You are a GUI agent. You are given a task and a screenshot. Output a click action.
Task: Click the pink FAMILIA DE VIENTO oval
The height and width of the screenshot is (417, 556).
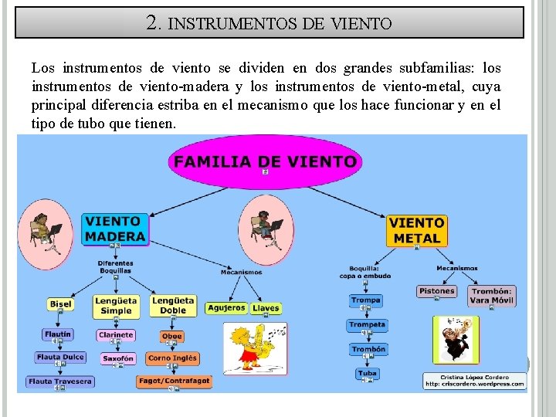(x=265, y=162)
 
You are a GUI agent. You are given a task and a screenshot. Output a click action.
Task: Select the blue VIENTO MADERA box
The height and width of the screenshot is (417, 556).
(x=115, y=229)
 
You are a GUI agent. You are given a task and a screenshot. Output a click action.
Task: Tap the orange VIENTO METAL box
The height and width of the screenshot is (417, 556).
(x=416, y=230)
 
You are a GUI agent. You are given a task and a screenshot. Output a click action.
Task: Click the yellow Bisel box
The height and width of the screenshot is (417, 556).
(x=60, y=303)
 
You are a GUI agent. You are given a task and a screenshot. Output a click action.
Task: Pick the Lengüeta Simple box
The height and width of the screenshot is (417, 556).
(x=116, y=305)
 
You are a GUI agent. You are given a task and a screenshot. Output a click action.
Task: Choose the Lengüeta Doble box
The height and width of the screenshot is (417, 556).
(x=173, y=305)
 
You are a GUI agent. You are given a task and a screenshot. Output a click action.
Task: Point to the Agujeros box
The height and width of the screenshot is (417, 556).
(x=226, y=307)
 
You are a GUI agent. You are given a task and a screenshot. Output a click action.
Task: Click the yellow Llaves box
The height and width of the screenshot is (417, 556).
(x=266, y=307)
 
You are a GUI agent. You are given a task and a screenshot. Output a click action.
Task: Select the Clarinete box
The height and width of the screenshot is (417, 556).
(x=116, y=335)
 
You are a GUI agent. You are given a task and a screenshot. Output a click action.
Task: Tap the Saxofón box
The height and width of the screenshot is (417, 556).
(x=118, y=358)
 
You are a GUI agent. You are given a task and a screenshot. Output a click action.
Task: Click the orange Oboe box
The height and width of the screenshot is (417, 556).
(x=171, y=336)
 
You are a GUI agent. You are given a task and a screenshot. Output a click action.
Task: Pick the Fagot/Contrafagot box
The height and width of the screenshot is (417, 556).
(x=174, y=381)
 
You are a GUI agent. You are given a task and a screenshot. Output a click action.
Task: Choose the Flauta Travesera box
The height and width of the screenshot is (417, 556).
(x=59, y=381)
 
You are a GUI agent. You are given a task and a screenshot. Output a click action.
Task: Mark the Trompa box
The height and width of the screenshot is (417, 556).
(x=365, y=300)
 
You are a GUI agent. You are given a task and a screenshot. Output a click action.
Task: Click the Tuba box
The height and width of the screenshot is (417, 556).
(x=368, y=373)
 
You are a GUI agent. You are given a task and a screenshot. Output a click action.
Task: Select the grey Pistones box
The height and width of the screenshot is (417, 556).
(x=436, y=291)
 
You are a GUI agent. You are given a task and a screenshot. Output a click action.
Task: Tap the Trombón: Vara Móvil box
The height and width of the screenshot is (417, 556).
(x=491, y=295)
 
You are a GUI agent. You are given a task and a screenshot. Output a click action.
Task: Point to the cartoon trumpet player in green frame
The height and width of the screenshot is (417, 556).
(x=456, y=339)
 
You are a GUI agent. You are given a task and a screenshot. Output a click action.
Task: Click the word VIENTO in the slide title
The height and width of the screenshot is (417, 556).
(x=361, y=24)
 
